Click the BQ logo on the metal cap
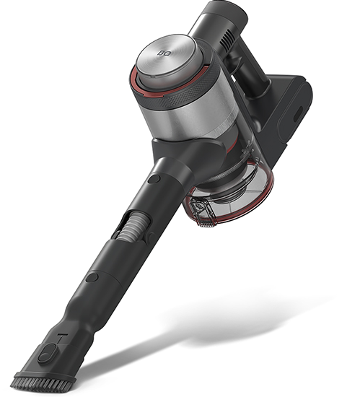pyautogui.click(x=162, y=53)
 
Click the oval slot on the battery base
pyautogui.click(x=297, y=113)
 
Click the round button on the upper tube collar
pyautogui.click(x=154, y=179)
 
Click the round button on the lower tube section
pyautogui.click(x=92, y=277)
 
